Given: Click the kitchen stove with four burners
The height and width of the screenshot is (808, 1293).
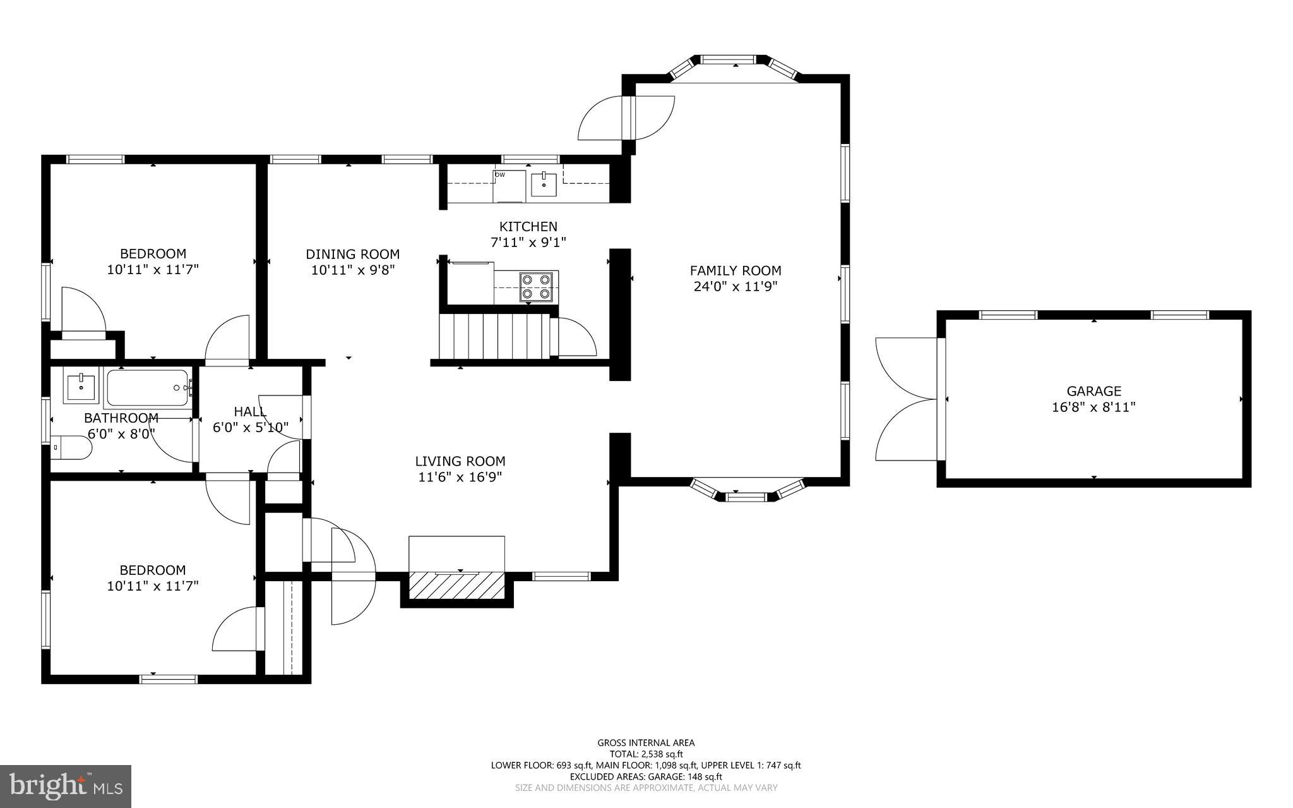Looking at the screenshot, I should (535, 286).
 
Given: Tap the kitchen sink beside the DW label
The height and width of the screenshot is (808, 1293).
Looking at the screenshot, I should (544, 184).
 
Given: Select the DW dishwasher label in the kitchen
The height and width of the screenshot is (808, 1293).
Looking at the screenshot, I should (500, 175).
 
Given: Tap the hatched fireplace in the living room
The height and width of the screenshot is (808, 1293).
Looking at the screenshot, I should (457, 586).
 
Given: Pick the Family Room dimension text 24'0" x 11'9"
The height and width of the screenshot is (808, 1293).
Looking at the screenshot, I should (736, 286).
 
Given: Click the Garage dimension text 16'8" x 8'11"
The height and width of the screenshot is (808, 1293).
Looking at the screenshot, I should (1093, 407).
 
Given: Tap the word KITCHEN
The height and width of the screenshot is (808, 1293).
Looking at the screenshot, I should (528, 226).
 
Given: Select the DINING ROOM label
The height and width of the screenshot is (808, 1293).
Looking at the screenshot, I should (352, 254).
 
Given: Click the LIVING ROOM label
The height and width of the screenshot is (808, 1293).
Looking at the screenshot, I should (460, 461).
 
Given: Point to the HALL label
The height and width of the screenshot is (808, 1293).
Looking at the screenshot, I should (250, 411).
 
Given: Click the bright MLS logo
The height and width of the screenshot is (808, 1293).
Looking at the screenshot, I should (66, 786).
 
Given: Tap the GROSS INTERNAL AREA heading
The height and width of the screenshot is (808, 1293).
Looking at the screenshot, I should (646, 743).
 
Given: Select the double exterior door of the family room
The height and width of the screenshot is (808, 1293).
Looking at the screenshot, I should (627, 118).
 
